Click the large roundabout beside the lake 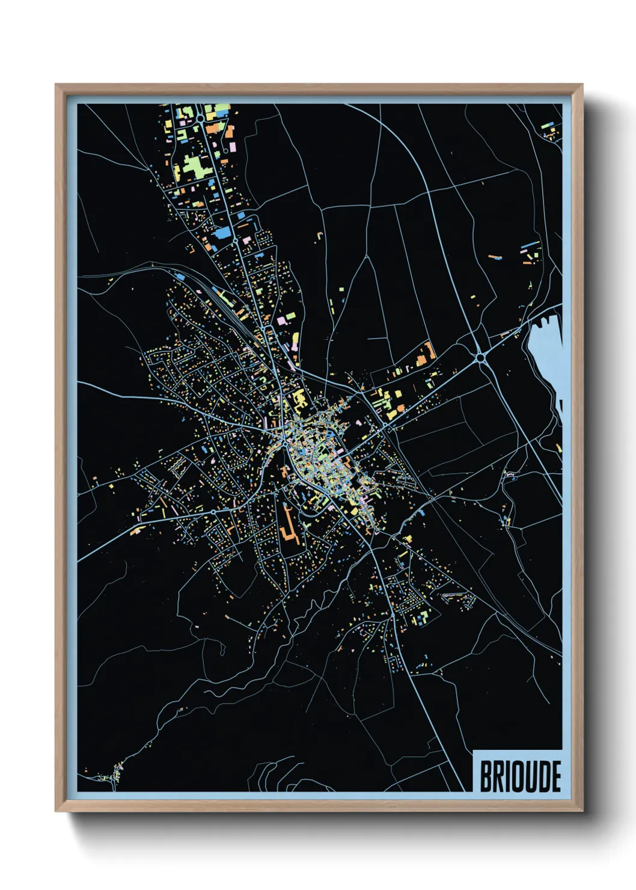click(480, 358)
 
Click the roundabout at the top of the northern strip click(199, 119)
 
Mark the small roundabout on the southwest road click(213, 512)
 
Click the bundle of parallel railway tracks click(228, 310)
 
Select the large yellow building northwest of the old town click(299, 397)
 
